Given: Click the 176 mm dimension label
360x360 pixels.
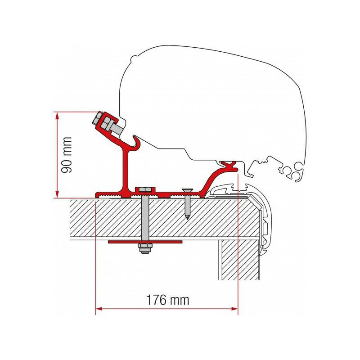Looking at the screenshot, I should [167, 299].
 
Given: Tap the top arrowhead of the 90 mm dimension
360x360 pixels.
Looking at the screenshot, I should [57, 116].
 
